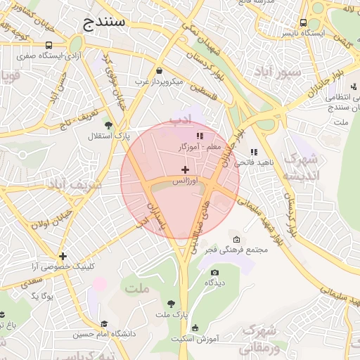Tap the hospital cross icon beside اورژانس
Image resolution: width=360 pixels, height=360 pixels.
[x=185, y=169]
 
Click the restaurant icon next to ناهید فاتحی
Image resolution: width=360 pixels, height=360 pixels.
[x=253, y=151]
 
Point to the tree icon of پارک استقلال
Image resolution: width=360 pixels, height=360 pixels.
[x=108, y=124]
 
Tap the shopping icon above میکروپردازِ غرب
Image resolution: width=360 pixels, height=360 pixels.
[x=160, y=71]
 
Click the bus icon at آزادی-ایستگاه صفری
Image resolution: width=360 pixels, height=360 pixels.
[x=48, y=44]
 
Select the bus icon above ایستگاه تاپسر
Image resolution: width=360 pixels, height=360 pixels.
[x=303, y=22]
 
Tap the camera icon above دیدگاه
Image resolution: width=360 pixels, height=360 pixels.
[x=214, y=272]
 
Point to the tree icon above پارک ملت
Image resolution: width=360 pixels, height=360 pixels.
[x=171, y=304]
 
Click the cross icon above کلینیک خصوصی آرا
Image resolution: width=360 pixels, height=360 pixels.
[x=63, y=256]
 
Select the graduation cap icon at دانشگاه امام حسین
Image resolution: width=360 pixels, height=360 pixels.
[x=104, y=324]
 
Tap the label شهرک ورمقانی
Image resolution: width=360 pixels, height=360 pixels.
[x=258, y=338]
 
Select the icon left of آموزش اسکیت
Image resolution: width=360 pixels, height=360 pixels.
[x=195, y=327]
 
